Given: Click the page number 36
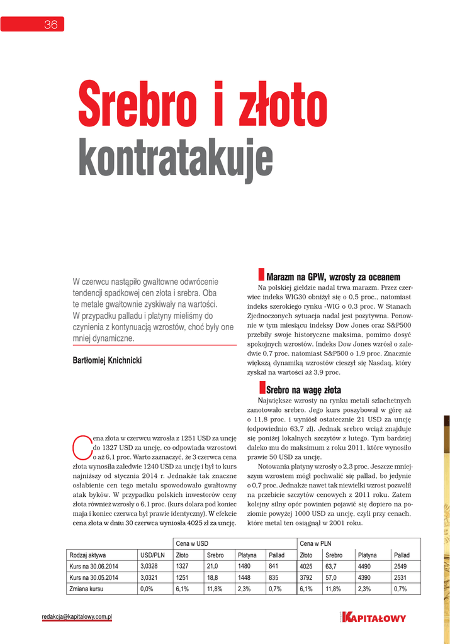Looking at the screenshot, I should pos(50,25).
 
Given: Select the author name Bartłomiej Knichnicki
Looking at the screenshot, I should pos(108,360).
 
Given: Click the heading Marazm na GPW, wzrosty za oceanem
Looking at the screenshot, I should pos(333,277).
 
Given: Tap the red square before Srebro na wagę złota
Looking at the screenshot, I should pos(262,387).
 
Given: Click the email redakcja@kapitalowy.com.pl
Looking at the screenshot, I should pos(77,617).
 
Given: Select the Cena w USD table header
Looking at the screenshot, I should pos(192,543).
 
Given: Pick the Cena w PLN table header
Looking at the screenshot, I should pos(315,543).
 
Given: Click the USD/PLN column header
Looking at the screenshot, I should pos(153,555).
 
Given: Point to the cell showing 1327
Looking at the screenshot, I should pos(183,567).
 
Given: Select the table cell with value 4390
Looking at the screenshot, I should pos(368,578).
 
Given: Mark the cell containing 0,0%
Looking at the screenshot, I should pos(147,589).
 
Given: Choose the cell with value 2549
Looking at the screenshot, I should pos(400,567).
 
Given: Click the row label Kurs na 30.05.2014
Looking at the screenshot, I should pos(94,578).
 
